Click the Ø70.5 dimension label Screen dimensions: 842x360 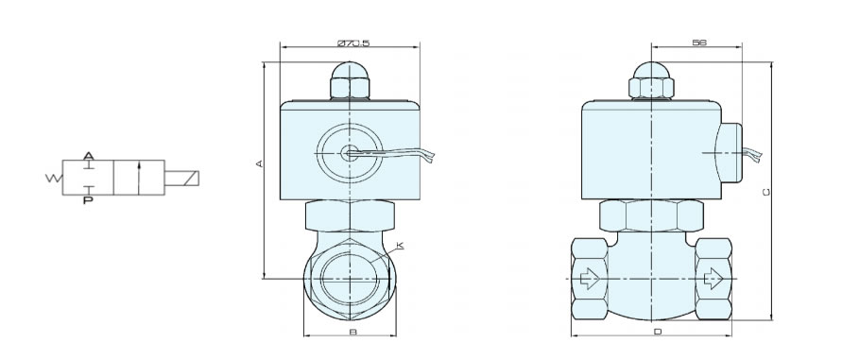pos(353,43)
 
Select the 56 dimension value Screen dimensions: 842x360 pos(699,43)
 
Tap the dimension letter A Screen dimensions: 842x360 pos(259,163)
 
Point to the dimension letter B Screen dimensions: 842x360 pos(352,332)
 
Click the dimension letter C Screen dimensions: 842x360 pos(766,193)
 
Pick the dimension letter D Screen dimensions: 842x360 pos(658,332)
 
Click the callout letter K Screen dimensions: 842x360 pos(400,246)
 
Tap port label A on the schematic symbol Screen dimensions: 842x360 pos(89,156)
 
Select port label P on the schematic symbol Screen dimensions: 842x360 pos(88,201)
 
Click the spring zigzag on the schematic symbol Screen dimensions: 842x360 pos(54,178)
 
